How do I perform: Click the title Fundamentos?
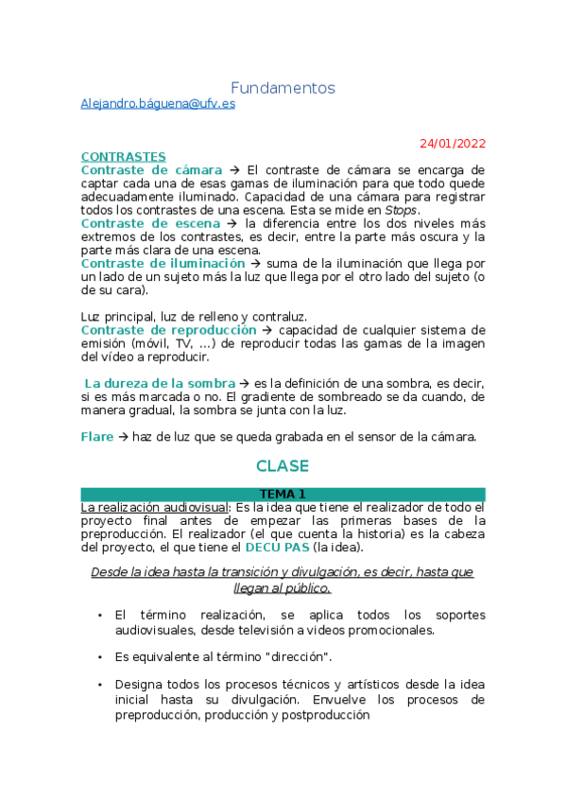point(283,88)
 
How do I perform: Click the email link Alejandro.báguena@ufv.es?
point(158,104)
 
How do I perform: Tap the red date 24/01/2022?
point(453,144)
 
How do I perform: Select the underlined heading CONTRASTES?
point(123,157)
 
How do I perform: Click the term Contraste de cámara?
point(152,170)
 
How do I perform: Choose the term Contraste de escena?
point(151,223)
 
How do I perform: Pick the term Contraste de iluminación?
point(163,263)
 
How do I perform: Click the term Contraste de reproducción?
point(168,330)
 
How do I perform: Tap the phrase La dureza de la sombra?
point(160,383)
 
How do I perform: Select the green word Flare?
point(96,437)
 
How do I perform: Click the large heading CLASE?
point(283,466)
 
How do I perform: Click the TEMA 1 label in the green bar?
point(283,495)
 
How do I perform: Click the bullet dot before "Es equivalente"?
point(100,656)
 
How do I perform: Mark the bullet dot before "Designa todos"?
point(100,684)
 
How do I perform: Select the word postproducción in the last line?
point(320,716)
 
